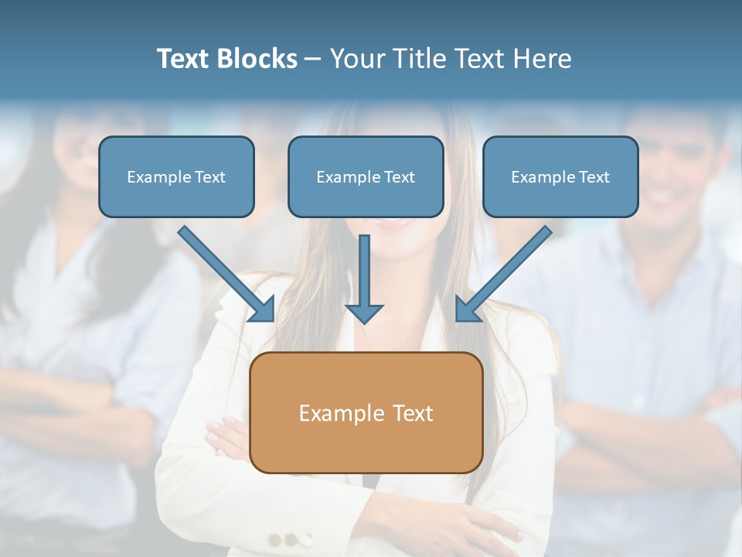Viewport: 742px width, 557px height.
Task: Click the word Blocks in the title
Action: click(x=258, y=59)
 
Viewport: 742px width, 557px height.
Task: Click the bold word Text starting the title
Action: click(x=185, y=59)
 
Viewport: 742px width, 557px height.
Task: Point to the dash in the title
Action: click(x=313, y=59)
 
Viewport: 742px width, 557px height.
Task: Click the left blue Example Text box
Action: click(x=176, y=176)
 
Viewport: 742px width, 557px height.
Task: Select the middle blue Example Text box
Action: click(x=366, y=176)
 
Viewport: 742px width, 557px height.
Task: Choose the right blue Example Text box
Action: click(x=560, y=176)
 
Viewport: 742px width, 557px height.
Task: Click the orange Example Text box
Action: click(x=366, y=412)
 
